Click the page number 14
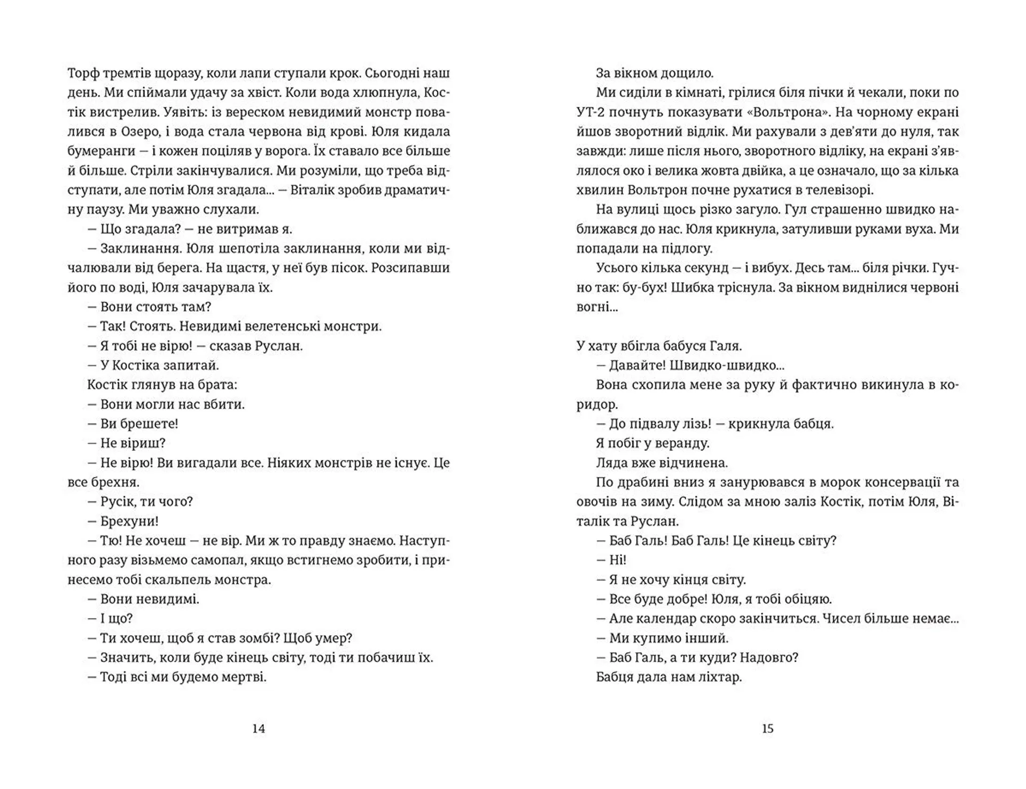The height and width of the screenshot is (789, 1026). pos(259,729)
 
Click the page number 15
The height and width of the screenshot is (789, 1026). pos(767,729)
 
